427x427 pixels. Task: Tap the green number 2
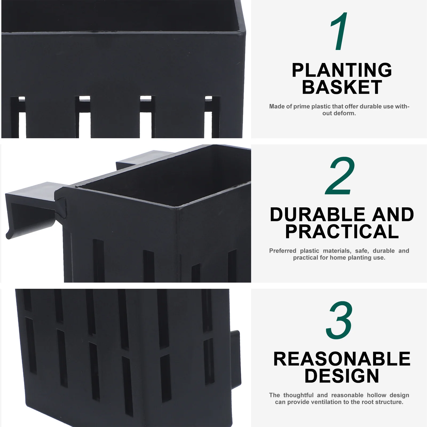[340, 176]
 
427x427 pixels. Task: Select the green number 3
[339, 320]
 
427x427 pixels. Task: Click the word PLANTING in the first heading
[342, 70]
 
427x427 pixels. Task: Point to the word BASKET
[342, 87]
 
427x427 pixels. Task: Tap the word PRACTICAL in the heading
[342, 231]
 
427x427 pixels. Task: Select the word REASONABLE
[342, 359]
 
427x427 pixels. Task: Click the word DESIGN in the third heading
[342, 376]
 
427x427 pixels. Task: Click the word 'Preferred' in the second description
[283, 251]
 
